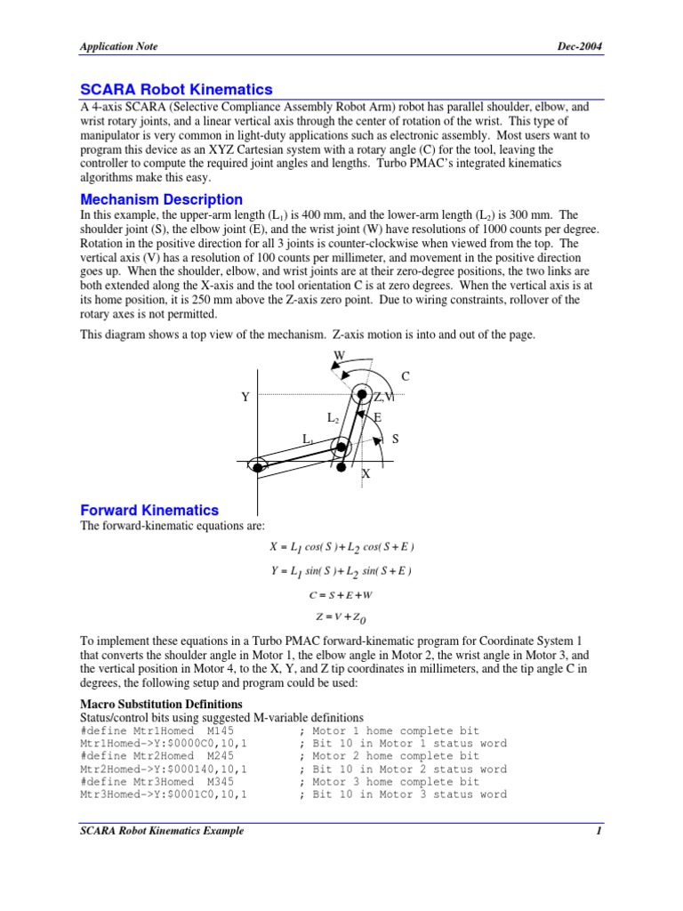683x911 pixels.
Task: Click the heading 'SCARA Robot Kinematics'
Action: (176, 90)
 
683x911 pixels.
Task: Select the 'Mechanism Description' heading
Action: (161, 199)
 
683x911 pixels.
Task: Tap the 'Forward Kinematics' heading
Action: (149, 510)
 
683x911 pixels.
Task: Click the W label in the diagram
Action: (339, 357)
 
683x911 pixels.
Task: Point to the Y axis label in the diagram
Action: (245, 398)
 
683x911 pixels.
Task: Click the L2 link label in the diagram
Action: (333, 417)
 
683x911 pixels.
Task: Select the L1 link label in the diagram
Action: (309, 439)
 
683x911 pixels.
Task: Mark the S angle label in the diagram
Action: (395, 439)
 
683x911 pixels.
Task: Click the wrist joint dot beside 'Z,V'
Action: (361, 395)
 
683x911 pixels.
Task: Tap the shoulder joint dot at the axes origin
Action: (257, 465)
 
